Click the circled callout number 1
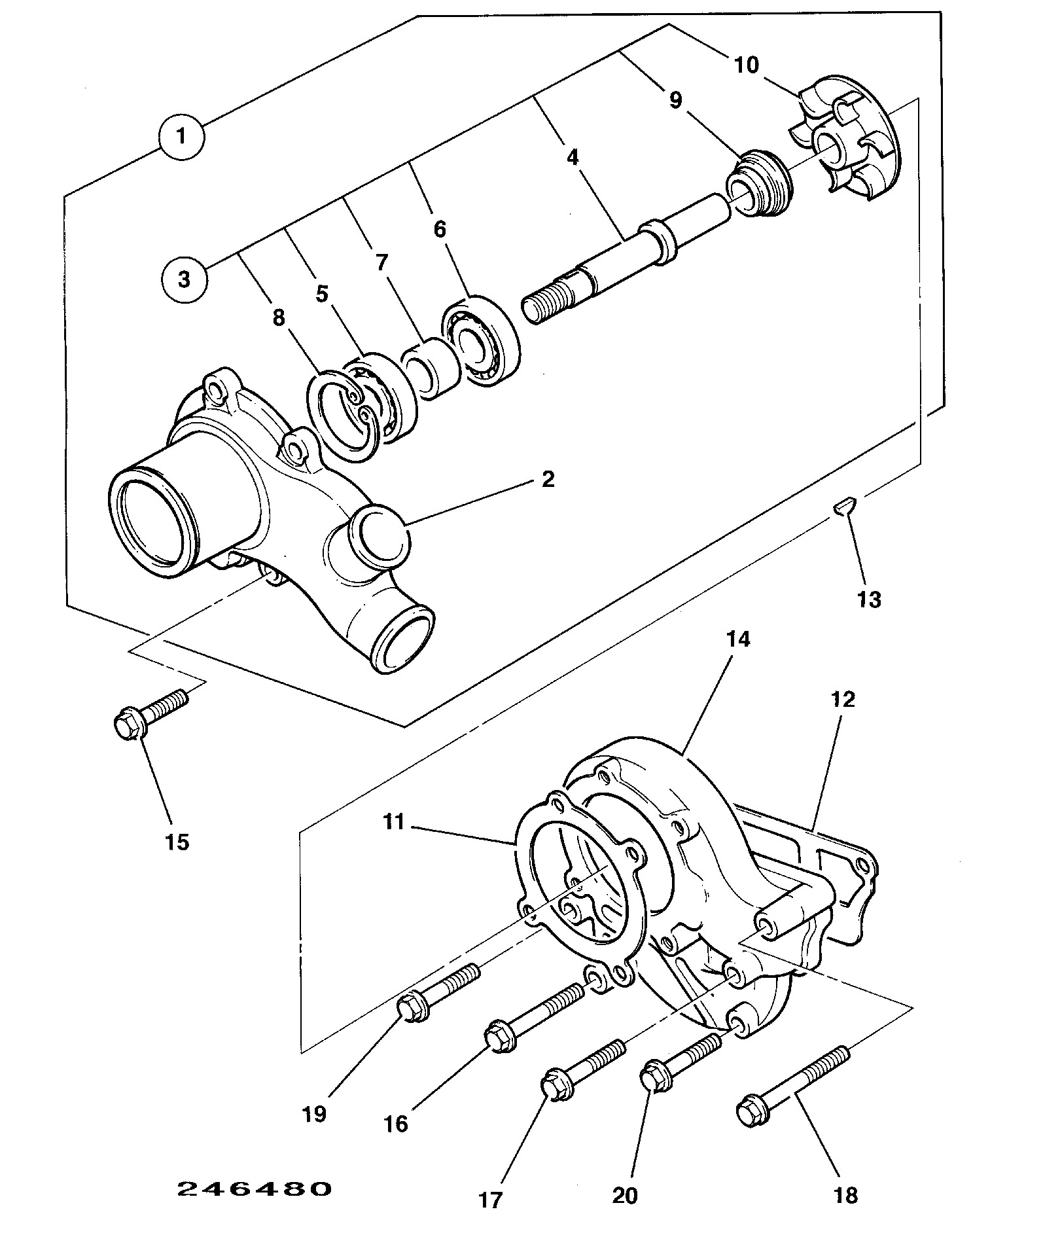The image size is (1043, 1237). click(x=181, y=137)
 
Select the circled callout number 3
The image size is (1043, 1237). click(x=184, y=279)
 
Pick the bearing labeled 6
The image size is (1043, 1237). click(x=482, y=341)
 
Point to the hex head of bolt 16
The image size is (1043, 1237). click(x=501, y=1039)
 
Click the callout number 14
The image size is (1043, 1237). click(x=738, y=639)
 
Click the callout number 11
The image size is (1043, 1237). click(x=395, y=821)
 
